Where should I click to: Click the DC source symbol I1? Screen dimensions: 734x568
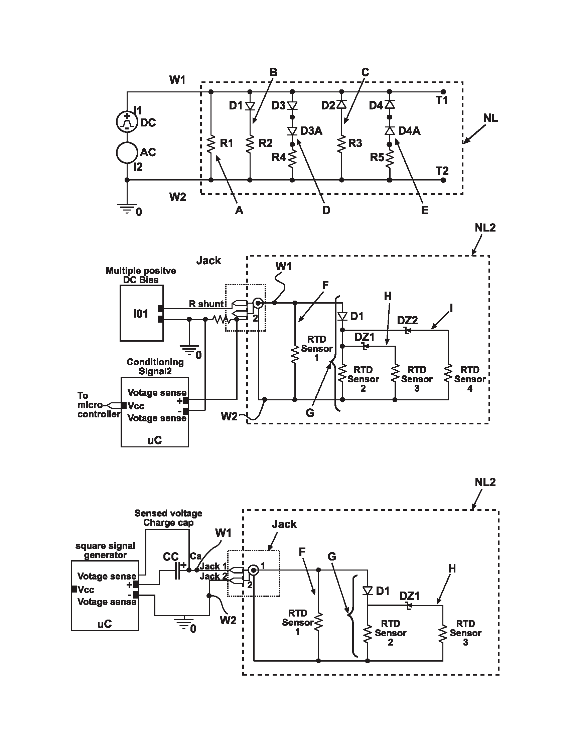pyautogui.click(x=127, y=122)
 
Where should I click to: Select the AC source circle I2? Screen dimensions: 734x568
pyautogui.click(x=127, y=152)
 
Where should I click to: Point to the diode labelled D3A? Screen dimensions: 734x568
pyautogui.click(x=292, y=131)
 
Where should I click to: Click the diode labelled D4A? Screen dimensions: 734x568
pyautogui.click(x=390, y=131)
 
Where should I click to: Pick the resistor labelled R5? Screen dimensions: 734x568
pyautogui.click(x=390, y=158)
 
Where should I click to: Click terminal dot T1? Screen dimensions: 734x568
pyautogui.click(x=443, y=92)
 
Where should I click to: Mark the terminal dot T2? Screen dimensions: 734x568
pyautogui.click(x=443, y=180)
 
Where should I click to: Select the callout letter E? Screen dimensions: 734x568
pyautogui.click(x=425, y=211)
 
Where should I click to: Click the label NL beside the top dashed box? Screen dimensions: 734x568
pyautogui.click(x=490, y=118)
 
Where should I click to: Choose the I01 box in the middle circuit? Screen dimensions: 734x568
pyautogui.click(x=142, y=313)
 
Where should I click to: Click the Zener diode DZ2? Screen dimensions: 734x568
pyautogui.click(x=408, y=330)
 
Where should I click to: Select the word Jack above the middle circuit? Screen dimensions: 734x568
pyautogui.click(x=208, y=261)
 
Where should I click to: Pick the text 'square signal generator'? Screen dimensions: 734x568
pyautogui.click(x=105, y=550)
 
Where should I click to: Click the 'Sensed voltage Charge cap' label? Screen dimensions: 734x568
pyautogui.click(x=168, y=518)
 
